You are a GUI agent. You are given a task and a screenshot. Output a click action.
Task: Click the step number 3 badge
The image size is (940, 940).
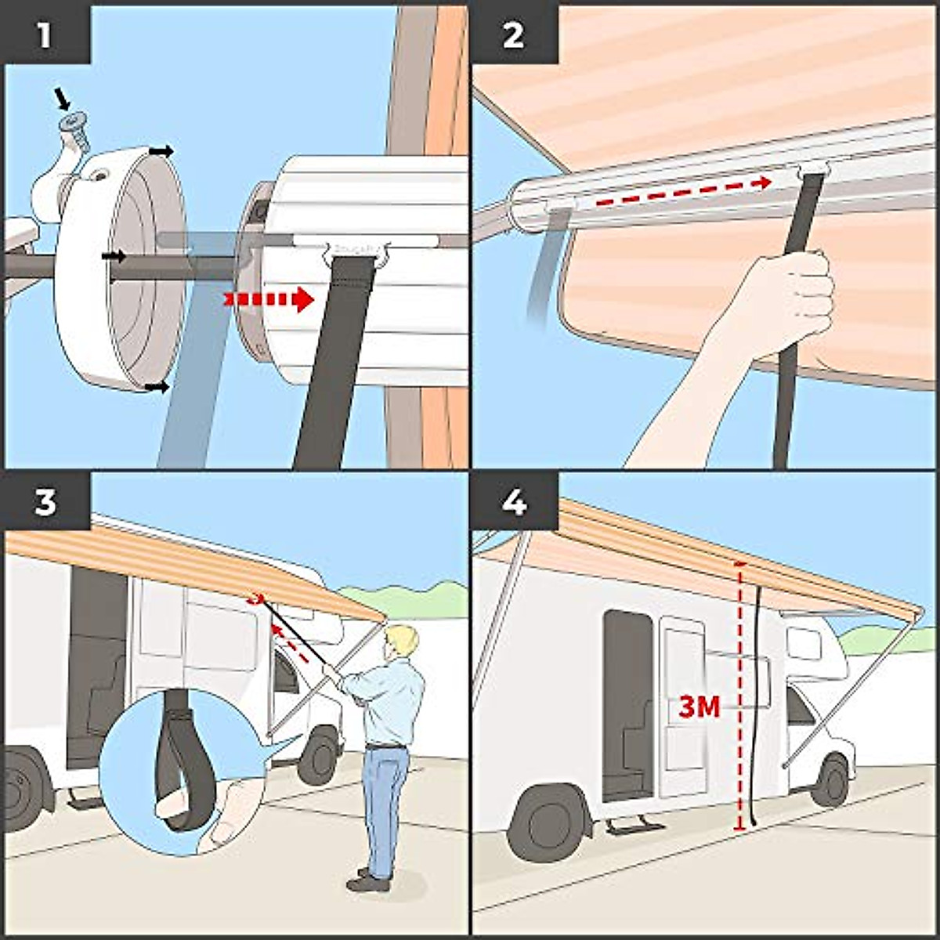coord(45,501)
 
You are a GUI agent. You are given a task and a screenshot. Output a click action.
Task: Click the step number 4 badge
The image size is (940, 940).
coord(513,501)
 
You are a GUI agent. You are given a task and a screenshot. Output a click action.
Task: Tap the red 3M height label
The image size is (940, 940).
coord(699,708)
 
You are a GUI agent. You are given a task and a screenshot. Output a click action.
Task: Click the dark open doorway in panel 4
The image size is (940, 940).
coord(627,705)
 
